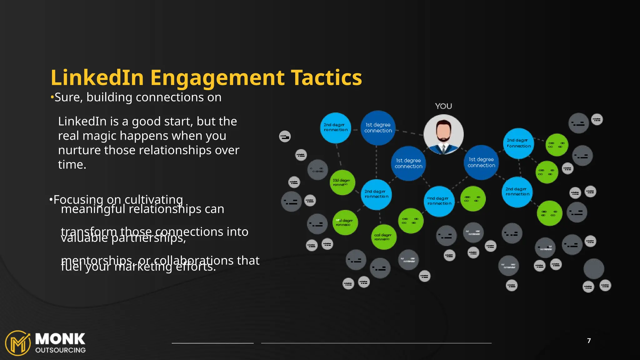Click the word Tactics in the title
tap(326, 77)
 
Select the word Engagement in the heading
tap(217, 78)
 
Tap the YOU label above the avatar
tap(443, 106)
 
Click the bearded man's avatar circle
tap(443, 134)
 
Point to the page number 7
tap(589, 341)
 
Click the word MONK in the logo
tap(60, 339)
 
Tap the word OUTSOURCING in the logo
tap(60, 350)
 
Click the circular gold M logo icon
tap(18, 343)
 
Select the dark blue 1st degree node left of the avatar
tap(378, 128)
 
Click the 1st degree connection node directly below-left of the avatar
tap(408, 163)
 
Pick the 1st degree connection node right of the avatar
tap(481, 162)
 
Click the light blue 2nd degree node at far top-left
tap(335, 127)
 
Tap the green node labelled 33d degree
tap(342, 182)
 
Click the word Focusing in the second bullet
tap(78, 199)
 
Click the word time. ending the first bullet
tap(72, 165)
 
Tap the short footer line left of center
tap(212, 343)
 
